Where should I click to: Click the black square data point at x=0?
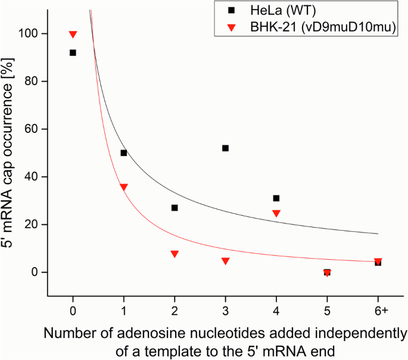tap(73, 52)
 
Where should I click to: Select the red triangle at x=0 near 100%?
tap(73, 35)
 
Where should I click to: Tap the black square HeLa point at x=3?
tap(225, 148)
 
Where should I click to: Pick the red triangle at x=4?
tap(276, 213)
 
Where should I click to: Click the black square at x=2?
tap(175, 207)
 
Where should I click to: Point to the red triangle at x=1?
tap(124, 187)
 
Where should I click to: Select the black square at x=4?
tap(276, 198)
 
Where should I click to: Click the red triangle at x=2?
tap(175, 253)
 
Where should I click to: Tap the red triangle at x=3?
tap(225, 260)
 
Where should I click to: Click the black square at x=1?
tap(124, 153)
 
